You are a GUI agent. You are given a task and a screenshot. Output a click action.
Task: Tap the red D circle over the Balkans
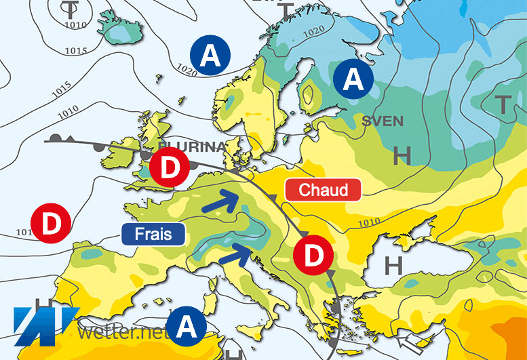[313, 256]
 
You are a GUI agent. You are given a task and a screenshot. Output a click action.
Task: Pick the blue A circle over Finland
[353, 79]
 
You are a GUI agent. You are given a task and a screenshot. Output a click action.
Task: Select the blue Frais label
[154, 235]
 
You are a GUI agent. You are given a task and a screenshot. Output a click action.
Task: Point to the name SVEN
[383, 121]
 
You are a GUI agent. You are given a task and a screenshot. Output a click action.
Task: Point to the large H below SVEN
[402, 157]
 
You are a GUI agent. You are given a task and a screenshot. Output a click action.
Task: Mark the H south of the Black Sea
[392, 264]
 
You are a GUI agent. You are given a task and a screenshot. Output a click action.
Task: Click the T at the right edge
[503, 104]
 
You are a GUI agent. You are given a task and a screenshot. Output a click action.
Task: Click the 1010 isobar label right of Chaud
[368, 222]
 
